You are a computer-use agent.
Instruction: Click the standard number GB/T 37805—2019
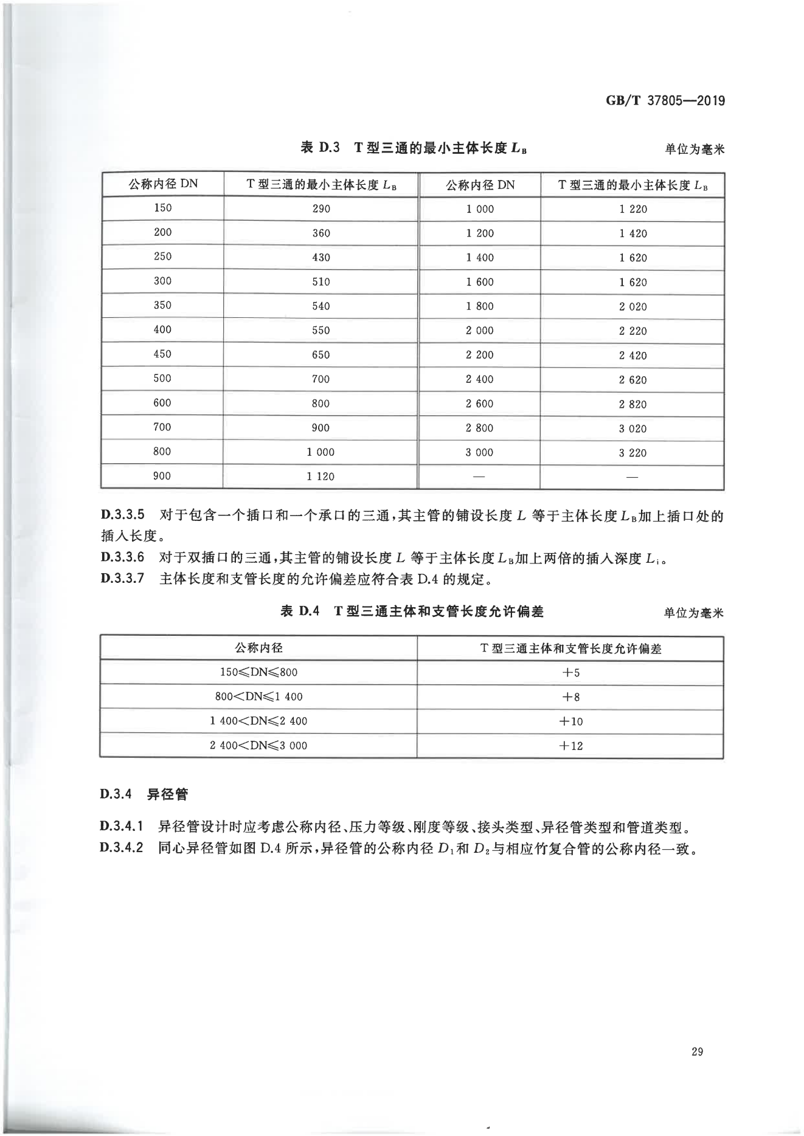coord(665,101)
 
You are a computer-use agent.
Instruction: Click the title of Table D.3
coord(414,148)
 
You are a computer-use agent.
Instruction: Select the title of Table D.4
coord(412,611)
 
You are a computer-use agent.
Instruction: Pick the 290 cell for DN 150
coord(321,209)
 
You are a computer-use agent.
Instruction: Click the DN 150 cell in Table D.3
coord(162,208)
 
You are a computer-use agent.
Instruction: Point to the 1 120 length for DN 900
coord(321,477)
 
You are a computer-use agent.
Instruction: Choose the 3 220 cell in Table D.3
coord(632,453)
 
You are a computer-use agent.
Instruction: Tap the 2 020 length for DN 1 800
coord(632,307)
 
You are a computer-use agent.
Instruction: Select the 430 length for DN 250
coord(321,258)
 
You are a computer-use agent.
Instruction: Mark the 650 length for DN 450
coord(321,355)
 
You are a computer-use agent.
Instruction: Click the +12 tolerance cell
coord(570,746)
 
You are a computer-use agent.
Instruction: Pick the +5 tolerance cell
coord(570,673)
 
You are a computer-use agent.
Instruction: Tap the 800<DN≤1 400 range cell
coord(258,697)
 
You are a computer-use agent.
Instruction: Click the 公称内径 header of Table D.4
coord(258,648)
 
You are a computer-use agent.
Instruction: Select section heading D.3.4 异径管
coord(144,794)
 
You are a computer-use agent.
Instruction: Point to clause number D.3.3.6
coord(122,557)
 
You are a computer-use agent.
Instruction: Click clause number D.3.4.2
coord(122,847)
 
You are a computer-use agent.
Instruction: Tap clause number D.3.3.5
coord(122,515)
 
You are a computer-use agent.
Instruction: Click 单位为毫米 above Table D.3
coord(694,149)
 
